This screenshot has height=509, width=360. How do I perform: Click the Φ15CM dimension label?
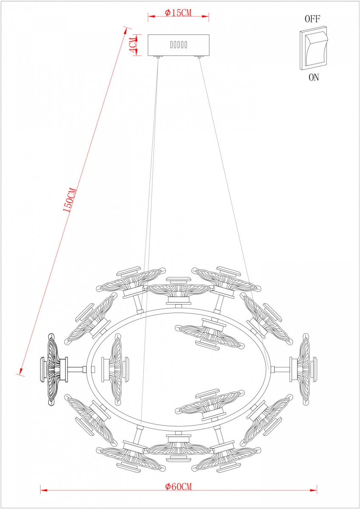pyautogui.click(x=178, y=13)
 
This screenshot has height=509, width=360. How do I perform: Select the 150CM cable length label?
pyautogui.click(x=70, y=200)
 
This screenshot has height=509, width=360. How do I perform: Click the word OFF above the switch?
pyautogui.click(x=313, y=19)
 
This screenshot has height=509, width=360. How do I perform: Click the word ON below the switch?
pyautogui.click(x=314, y=78)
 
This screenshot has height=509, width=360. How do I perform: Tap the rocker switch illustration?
pyautogui.click(x=314, y=49)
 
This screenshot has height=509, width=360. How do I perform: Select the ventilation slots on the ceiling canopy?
pyautogui.click(x=179, y=44)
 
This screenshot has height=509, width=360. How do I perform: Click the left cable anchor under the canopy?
pyautogui.click(x=158, y=57)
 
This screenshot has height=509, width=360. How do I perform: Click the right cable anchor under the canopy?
pyautogui.click(x=199, y=57)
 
